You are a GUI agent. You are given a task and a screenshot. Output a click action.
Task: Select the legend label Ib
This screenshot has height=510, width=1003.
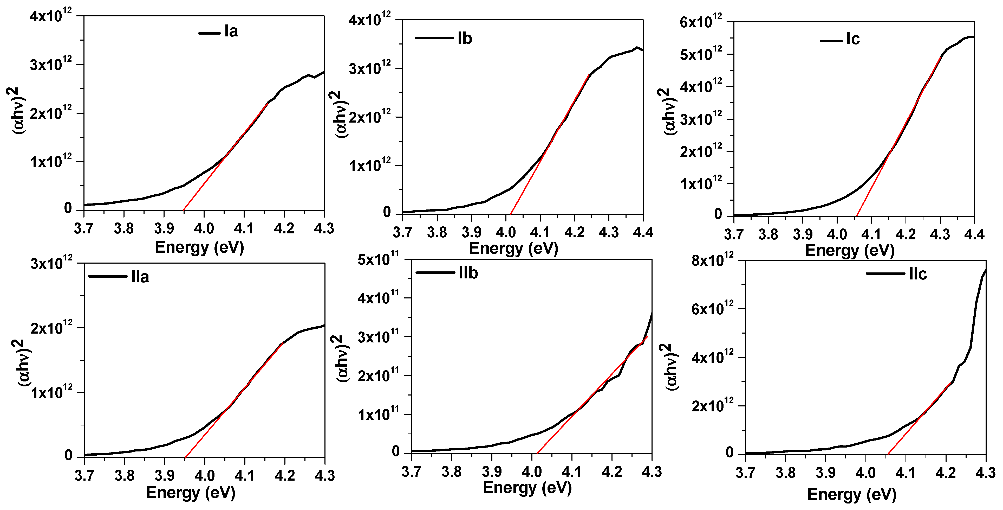click(465, 39)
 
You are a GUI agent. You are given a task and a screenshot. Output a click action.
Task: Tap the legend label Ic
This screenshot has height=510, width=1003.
click(853, 39)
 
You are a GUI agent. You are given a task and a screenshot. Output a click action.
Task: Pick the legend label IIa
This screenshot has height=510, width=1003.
click(140, 277)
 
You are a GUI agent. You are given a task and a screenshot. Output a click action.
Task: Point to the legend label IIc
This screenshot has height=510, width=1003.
click(918, 274)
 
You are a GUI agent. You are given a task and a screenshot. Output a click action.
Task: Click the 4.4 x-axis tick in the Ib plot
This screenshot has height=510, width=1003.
click(643, 233)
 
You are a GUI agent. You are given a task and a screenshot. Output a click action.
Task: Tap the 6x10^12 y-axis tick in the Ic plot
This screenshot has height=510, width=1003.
click(701, 21)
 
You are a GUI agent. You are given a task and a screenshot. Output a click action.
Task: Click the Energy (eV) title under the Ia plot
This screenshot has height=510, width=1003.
click(199, 247)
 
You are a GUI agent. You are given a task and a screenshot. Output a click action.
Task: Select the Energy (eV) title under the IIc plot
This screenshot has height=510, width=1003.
click(851, 494)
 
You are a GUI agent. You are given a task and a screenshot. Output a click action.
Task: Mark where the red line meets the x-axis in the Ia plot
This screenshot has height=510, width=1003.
click(183, 211)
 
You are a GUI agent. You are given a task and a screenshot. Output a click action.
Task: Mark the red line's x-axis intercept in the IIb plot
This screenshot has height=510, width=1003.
click(537, 453)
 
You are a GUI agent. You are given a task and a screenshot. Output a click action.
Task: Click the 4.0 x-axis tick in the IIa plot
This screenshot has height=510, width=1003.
click(204, 475)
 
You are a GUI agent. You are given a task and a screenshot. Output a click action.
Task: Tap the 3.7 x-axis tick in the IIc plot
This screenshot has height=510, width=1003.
click(745, 473)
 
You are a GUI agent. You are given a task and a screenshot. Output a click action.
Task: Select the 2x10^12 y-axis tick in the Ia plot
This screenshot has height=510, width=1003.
click(51, 113)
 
